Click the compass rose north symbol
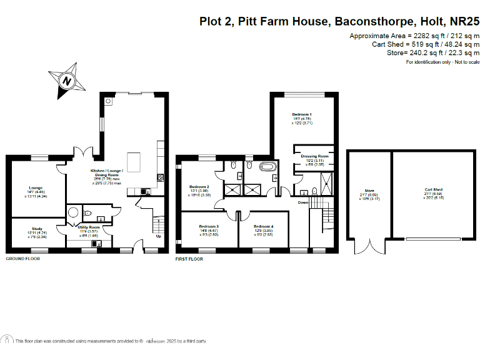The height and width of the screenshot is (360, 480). click(67, 80)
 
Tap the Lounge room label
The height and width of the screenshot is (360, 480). click(34, 187)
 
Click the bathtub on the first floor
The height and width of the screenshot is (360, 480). click(269, 167)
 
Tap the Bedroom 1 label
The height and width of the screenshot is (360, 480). click(302, 115)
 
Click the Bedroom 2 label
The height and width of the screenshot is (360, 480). click(199, 187)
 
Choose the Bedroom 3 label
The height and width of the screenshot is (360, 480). click(209, 226)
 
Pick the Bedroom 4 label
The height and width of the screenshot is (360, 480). click(263, 226)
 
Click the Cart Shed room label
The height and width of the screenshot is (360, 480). click(433, 189)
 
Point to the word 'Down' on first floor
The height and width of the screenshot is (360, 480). click(303, 202)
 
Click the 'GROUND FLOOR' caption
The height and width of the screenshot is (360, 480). click(22, 258)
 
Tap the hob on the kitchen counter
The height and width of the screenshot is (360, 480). click(160, 178)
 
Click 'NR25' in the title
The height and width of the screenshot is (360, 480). click(464, 21)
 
